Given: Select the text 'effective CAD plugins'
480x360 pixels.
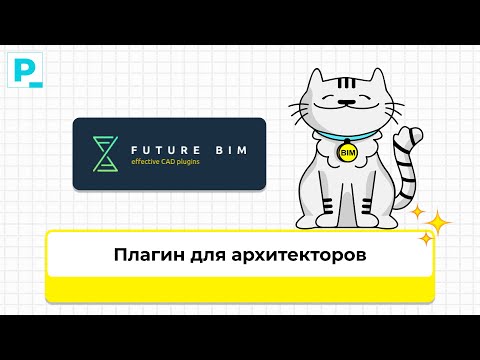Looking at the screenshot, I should pyautogui.click(x=171, y=162).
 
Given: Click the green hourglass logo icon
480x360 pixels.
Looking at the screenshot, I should pyautogui.click(x=104, y=154).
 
